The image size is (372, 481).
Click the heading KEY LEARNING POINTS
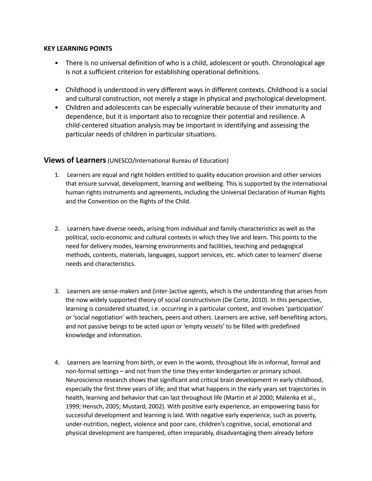78,49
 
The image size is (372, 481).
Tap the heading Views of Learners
75,160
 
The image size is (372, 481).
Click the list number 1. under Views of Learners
57,175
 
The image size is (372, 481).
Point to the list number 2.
57,229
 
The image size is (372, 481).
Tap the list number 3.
57,291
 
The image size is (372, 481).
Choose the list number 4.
57,363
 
